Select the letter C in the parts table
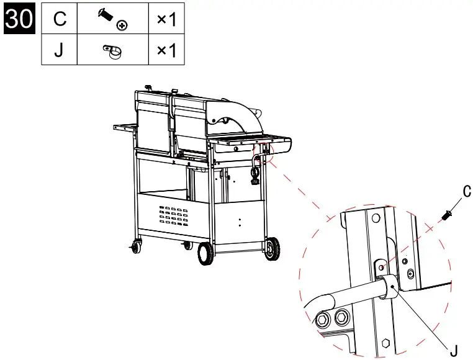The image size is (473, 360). tap(59, 19)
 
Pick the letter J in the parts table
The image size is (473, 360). tap(59, 50)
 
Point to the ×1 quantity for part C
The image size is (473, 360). tap(166, 19)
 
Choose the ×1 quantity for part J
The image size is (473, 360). tap(166, 50)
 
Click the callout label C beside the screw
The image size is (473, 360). tap(466, 191)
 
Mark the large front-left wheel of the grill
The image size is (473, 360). tap(204, 254)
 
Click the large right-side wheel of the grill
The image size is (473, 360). tap(271, 249)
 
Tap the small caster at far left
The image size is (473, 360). tap(135, 247)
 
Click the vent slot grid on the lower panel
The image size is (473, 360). tap(172, 215)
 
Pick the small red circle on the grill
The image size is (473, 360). tap(266, 151)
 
